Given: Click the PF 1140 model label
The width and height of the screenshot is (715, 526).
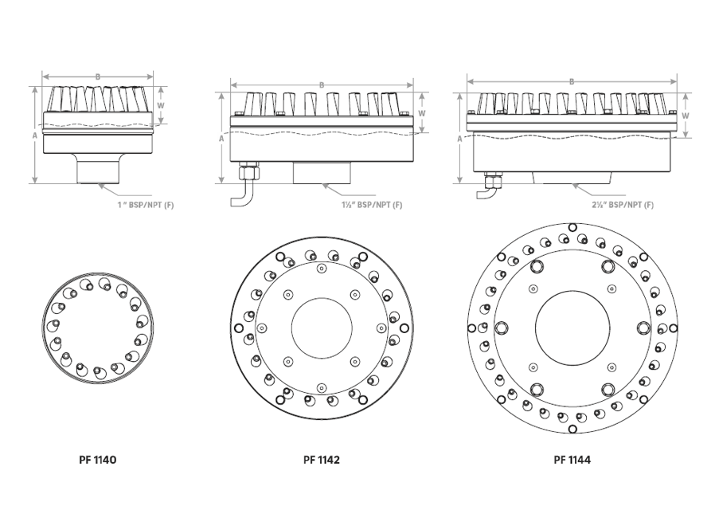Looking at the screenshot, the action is (98, 460).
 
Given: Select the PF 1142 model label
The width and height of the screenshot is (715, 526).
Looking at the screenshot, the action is (322, 460).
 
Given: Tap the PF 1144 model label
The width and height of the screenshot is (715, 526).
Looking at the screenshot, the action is (572, 460).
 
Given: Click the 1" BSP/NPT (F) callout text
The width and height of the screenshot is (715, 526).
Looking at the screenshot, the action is (146, 205).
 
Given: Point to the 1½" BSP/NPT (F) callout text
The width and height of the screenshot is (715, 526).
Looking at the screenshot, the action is (372, 205).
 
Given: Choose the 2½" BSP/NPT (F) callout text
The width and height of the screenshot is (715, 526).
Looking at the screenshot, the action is (623, 205).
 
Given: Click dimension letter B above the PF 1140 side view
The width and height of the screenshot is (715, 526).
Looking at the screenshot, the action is (98, 77).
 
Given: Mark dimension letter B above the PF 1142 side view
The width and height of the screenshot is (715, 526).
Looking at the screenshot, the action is (322, 85).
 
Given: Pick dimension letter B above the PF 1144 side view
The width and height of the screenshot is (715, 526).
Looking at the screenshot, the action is (572, 82).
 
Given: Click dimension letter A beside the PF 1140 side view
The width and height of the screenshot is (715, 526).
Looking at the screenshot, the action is (35, 135).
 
